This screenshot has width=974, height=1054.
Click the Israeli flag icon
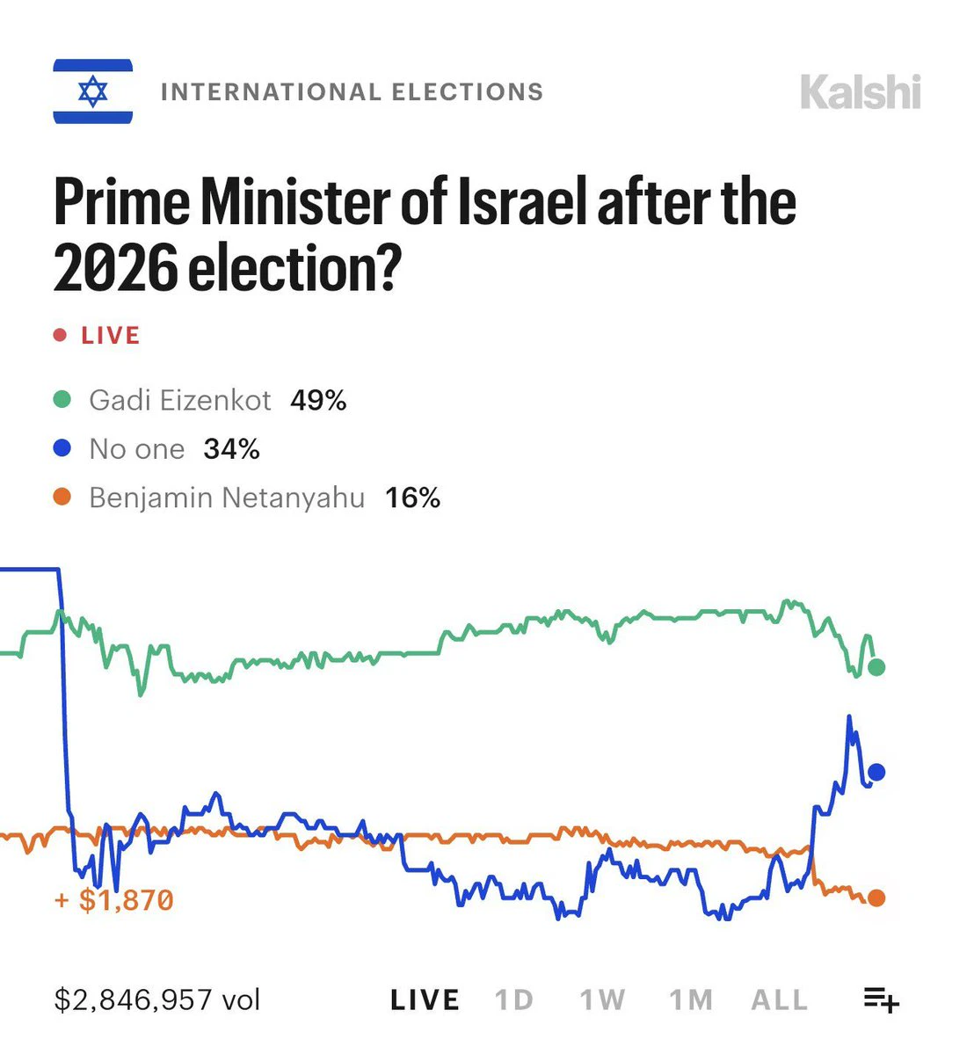coord(93,91)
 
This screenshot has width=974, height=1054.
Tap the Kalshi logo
coord(861,92)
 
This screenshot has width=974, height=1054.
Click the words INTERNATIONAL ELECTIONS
coord(353,92)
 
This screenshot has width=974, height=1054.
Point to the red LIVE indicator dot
coord(61,335)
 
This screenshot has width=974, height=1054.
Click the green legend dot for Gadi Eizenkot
coord(62,399)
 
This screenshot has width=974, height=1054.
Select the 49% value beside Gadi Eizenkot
coord(318,401)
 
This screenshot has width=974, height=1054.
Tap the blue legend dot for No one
coord(62,448)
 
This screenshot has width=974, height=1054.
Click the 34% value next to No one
coord(232,449)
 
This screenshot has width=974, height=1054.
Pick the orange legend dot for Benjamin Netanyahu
coord(62,498)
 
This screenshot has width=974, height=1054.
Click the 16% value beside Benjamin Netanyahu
coord(413,498)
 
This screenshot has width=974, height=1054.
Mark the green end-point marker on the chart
coord(876,667)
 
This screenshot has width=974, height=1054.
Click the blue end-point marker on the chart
coord(876,773)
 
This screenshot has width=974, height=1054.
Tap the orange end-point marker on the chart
coord(876,898)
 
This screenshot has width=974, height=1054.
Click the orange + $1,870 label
coord(114,899)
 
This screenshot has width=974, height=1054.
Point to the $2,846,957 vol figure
coord(157,999)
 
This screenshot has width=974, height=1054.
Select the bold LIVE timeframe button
coord(425,1000)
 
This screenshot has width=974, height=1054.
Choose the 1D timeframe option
coord(514,1000)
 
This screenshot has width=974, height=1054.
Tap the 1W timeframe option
coord(602,1000)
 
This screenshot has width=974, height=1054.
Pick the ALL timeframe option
coord(779,1000)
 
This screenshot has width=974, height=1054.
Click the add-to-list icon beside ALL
coord(881,999)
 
